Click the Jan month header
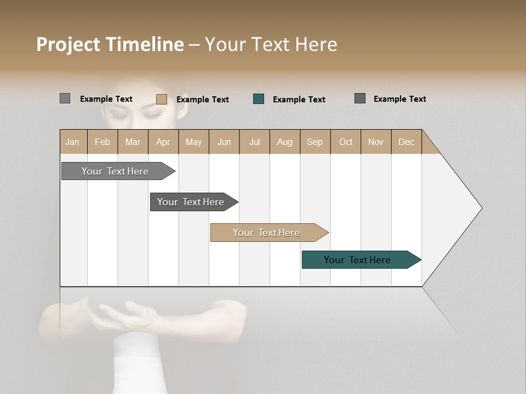[73, 142]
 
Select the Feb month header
[102, 142]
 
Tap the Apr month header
[163, 142]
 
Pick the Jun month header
[224, 142]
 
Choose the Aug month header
[285, 142]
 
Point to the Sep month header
[315, 142]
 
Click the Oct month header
[346, 142]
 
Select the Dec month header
[407, 142]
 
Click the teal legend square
[259, 99]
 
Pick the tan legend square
[162, 99]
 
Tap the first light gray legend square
[65, 99]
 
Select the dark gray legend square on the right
[360, 99]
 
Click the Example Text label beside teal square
[299, 100]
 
